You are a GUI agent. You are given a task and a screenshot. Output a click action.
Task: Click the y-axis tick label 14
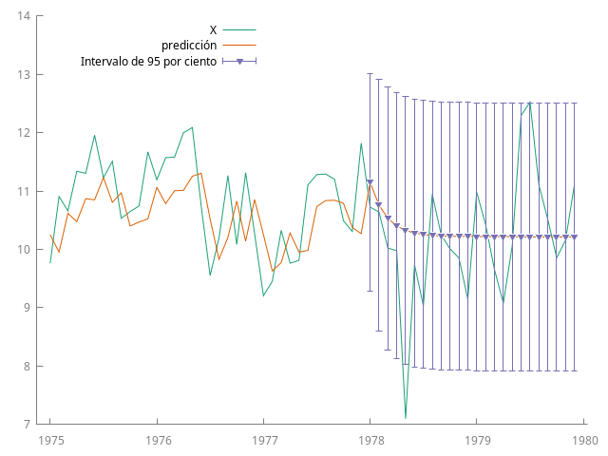[24, 16]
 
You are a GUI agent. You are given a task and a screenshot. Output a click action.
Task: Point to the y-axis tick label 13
[24, 74]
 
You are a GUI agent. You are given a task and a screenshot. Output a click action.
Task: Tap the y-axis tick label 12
[24, 133]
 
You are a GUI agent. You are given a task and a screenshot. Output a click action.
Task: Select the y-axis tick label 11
[24, 191]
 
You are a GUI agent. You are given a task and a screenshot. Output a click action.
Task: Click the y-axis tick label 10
[24, 250]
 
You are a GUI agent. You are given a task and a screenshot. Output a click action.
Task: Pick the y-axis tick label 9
[28, 308]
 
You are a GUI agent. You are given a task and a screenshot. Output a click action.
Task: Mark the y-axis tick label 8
[28, 366]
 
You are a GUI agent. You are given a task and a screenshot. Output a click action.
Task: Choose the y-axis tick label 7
[28, 425]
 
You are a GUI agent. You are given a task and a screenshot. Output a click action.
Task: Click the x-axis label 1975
[50, 440]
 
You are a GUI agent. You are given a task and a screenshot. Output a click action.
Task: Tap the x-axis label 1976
[158, 440]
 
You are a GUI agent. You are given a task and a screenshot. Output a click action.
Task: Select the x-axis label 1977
[264, 440]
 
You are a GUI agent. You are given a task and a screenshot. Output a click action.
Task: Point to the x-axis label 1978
[370, 440]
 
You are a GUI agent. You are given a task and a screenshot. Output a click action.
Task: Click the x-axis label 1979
[478, 440]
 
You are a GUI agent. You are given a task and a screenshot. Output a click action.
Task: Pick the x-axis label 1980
[584, 440]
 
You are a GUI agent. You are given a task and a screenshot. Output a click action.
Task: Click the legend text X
[213, 30]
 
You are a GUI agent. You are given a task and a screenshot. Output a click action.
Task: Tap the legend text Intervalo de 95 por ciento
[148, 61]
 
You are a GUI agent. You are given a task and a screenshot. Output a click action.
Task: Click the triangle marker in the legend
[239, 62]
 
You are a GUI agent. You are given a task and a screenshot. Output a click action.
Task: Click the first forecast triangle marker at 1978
[370, 181]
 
